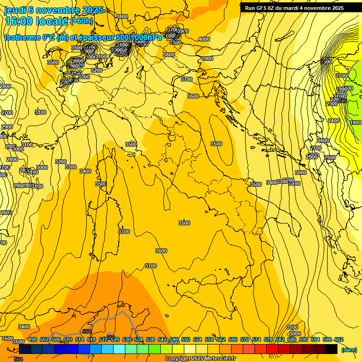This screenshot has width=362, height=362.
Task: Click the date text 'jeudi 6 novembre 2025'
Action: point(54,10)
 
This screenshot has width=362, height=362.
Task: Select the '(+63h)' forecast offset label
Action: point(82,21)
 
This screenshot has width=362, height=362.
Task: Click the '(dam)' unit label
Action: point(349,350)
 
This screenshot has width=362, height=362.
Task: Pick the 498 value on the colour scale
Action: point(33,340)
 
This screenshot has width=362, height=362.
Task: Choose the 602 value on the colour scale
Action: point(339,340)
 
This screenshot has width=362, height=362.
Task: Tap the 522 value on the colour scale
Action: point(103,340)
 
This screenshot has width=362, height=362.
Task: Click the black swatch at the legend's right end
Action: point(331,349)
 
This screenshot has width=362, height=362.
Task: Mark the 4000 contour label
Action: point(204,39)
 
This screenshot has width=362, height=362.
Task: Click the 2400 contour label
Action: point(334,121)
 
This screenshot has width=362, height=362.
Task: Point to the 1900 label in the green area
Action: point(356,123)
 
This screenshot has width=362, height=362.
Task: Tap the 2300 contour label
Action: point(332,104)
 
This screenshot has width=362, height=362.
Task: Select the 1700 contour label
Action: point(341,75)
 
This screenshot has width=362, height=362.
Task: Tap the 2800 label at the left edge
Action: point(5,86)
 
